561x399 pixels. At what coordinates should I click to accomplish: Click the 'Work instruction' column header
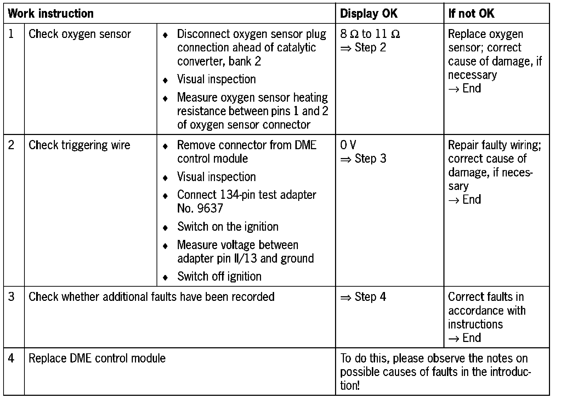(51, 14)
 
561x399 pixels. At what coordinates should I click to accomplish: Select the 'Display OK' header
(368, 14)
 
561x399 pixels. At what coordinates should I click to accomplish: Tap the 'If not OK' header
(471, 14)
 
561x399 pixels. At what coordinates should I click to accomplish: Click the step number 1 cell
(11, 34)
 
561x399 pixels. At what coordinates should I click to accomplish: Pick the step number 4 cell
(11, 358)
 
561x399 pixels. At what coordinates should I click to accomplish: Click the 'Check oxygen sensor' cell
(80, 34)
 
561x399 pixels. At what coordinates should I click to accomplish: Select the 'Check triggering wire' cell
(79, 145)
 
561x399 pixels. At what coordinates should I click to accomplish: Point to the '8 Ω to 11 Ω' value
(370, 34)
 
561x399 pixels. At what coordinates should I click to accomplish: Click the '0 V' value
(348, 145)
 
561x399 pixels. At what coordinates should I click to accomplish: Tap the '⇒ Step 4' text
(363, 297)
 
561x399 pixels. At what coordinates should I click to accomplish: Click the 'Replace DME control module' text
(97, 358)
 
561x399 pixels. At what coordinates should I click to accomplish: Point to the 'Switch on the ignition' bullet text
(228, 227)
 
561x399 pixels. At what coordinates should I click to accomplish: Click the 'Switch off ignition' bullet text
(219, 276)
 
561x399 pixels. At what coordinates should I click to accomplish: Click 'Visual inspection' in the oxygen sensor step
(216, 79)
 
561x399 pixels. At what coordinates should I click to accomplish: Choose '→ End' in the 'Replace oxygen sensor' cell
(464, 89)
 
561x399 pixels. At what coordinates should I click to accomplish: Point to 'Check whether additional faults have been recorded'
(151, 297)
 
